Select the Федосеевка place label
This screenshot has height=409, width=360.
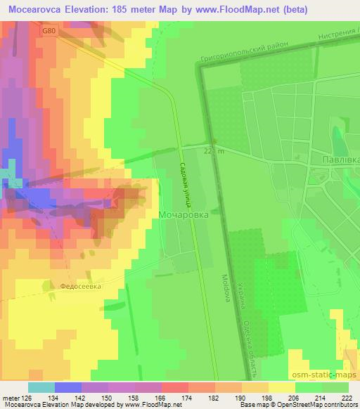[81, 287]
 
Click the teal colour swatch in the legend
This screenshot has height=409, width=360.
[41, 387]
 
